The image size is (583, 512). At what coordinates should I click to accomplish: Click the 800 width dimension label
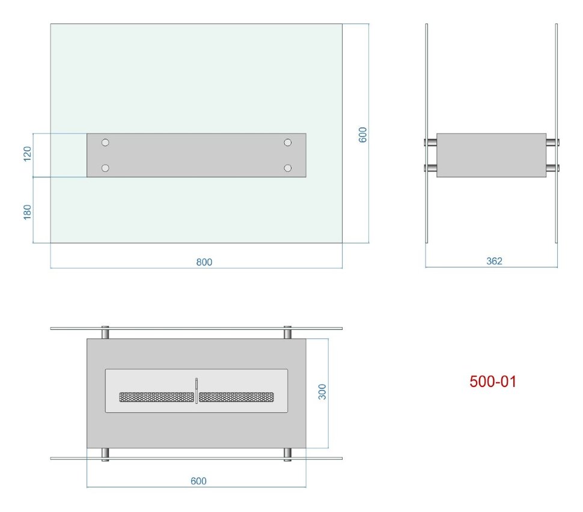point(204,262)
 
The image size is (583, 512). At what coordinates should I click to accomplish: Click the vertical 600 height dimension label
point(362,135)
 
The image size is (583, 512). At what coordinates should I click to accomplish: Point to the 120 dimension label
point(27,154)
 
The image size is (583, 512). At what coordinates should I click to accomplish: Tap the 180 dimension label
point(27,212)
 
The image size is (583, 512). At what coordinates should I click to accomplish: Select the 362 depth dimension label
point(494,261)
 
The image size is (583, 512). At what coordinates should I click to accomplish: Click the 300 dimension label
point(322,392)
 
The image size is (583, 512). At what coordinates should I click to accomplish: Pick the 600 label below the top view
point(198,481)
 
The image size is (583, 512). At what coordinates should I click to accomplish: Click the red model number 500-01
point(493,382)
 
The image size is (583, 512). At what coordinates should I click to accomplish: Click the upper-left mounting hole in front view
point(105,142)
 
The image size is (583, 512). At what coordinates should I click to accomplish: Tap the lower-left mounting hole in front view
point(105,168)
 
